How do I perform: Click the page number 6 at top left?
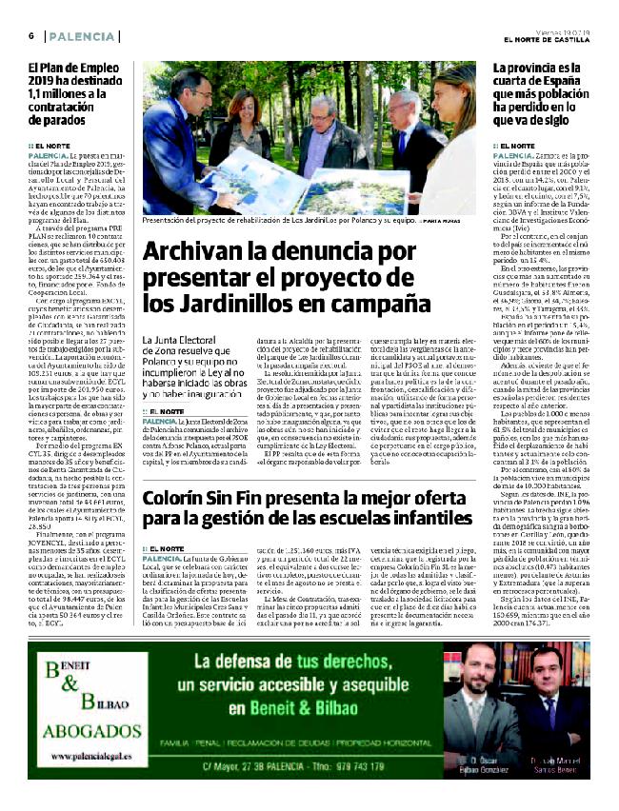click(x=31, y=35)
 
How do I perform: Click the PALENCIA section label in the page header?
click(x=79, y=35)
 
